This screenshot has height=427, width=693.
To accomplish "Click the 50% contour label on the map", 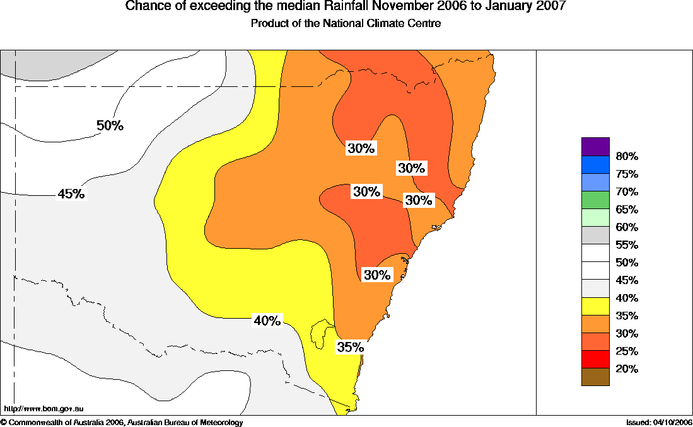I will tap(110, 125).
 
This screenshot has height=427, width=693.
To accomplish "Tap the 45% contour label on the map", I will tap(71, 194).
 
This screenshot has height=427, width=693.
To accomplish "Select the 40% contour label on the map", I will tap(267, 321).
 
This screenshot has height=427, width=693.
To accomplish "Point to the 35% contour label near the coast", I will tap(350, 347).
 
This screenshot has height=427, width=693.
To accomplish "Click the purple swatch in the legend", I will tap(595, 146).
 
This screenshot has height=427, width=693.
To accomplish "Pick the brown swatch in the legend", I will tap(595, 377).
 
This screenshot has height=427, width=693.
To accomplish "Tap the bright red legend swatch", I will tap(595, 359).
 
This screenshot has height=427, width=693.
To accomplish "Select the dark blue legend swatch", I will tap(595, 164).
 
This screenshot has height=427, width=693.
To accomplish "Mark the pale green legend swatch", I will tap(595, 217).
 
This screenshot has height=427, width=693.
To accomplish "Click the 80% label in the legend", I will tap(627, 156).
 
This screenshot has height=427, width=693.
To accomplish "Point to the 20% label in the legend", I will tap(627, 369).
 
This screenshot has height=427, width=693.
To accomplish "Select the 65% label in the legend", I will tap(627, 210).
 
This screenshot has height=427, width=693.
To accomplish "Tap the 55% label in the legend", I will tap(627, 245).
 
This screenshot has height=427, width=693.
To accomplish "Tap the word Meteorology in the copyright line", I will tap(218, 423).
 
